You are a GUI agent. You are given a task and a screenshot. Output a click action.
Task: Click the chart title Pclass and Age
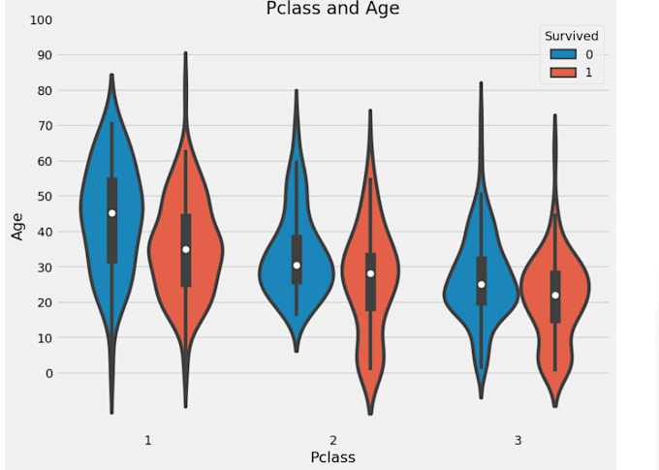[x=332, y=9]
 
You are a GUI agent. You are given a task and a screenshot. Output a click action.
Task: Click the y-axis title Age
[x=16, y=225]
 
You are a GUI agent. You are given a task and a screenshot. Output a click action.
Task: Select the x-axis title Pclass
[x=332, y=456]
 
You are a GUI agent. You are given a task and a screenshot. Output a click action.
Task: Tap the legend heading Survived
[x=571, y=36]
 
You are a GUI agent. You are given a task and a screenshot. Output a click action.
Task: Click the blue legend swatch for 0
[x=562, y=54]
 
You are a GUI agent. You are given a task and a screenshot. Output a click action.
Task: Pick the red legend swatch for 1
[x=562, y=73]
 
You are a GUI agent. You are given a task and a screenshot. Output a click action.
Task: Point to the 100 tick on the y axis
[x=42, y=20]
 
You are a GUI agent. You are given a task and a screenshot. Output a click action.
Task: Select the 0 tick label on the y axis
[x=48, y=373]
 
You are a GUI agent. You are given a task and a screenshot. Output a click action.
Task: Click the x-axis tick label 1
[x=147, y=440]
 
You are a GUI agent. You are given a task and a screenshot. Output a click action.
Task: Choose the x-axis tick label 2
[x=332, y=440]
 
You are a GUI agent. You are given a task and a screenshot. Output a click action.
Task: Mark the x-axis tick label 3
[x=518, y=440]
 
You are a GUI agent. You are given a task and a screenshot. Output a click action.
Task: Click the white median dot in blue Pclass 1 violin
[x=112, y=213]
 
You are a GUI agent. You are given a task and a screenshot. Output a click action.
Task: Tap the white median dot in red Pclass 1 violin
[x=186, y=249]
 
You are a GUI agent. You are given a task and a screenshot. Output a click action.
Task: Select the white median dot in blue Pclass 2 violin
[x=297, y=265]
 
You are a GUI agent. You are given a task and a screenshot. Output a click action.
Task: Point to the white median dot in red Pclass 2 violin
[x=370, y=273]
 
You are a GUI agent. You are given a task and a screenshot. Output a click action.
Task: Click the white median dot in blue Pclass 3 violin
[x=482, y=284]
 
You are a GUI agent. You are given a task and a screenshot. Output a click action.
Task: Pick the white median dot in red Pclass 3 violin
[x=555, y=295]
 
